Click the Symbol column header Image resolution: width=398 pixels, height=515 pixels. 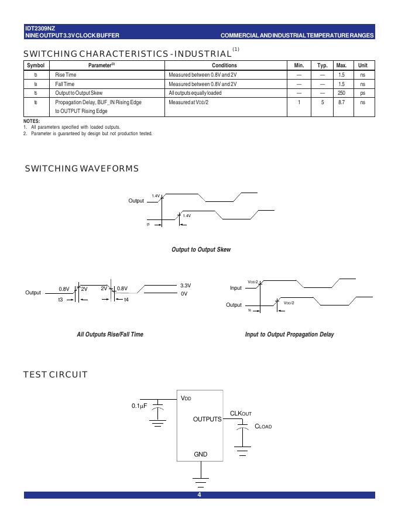pos(36,66)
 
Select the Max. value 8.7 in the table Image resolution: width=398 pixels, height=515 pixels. pos(341,102)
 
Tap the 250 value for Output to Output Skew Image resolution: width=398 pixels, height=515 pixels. pos(341,93)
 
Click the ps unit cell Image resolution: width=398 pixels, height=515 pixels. pos(363,93)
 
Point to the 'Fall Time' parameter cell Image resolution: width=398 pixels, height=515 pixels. pos(65,84)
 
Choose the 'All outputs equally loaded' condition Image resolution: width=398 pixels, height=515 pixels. pos(195,93)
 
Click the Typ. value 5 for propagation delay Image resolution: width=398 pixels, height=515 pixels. pos(322,102)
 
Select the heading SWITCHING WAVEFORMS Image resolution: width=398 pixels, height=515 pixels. pos(81,169)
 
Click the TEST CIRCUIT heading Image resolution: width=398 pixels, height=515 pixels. pos(56,375)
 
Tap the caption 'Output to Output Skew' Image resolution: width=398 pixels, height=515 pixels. pos(201,250)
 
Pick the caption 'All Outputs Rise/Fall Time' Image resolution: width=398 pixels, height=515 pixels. pos(110,335)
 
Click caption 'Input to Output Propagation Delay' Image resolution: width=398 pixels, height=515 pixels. pos(289,335)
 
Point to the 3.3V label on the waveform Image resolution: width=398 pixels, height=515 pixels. pos(186,286)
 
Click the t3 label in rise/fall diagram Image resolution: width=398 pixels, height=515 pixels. pos(60,300)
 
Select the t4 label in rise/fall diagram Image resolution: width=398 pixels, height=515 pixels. pos(126,300)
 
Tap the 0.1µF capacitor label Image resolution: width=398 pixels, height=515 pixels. pos(139,405)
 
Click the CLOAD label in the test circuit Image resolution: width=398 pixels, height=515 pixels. pos(263,427)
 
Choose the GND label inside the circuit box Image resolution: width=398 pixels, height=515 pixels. pos(200,454)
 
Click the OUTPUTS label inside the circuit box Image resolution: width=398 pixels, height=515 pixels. pos(207,419)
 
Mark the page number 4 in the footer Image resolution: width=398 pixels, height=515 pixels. pos(199,495)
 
